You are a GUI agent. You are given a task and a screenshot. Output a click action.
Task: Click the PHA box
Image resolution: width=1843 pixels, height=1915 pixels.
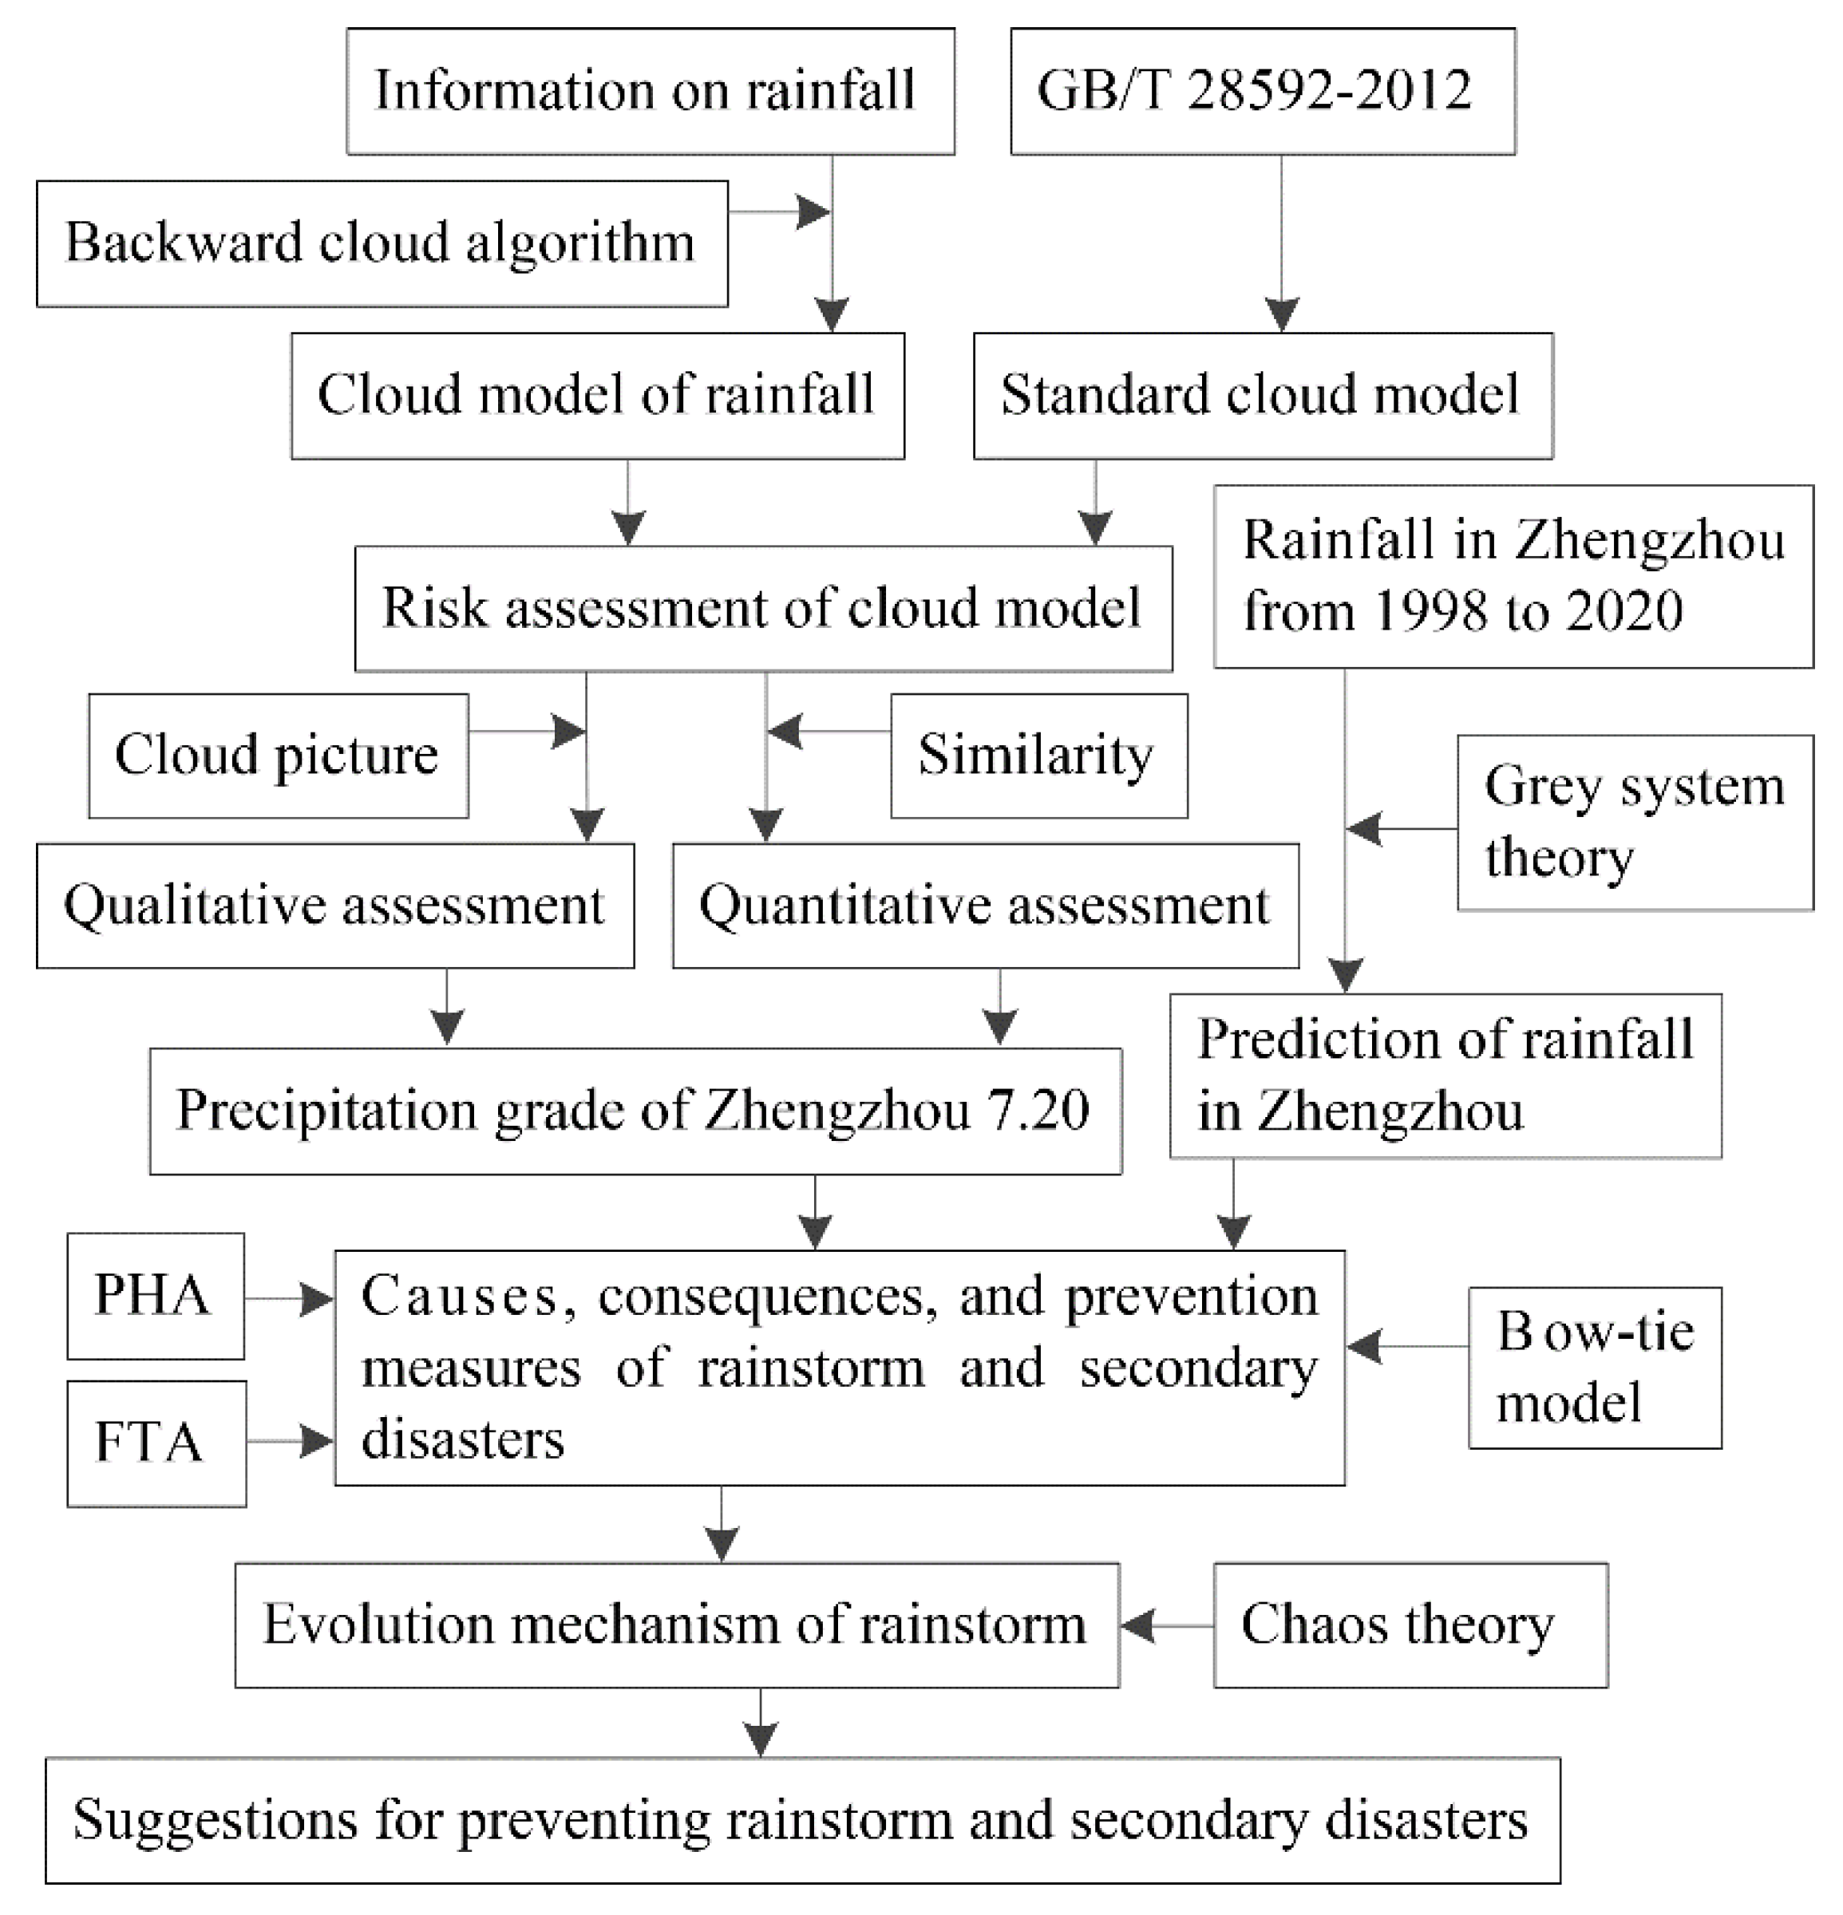click(x=156, y=1296)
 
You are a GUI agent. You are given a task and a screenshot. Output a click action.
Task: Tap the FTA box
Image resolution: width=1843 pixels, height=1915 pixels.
click(x=156, y=1442)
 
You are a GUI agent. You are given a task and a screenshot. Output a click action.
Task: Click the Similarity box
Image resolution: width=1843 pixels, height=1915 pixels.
click(x=1038, y=756)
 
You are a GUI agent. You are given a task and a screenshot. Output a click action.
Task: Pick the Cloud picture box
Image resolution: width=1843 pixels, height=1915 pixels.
click(x=278, y=756)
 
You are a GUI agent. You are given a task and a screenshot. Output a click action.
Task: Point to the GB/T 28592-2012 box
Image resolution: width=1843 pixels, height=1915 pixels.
click(x=1262, y=91)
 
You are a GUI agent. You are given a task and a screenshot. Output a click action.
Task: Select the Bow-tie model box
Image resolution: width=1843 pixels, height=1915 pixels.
click(x=1594, y=1367)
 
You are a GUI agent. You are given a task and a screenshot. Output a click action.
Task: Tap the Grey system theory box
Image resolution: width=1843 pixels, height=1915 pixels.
click(x=1634, y=823)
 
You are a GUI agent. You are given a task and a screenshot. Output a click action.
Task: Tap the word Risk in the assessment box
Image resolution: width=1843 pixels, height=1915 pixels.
click(x=420, y=608)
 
